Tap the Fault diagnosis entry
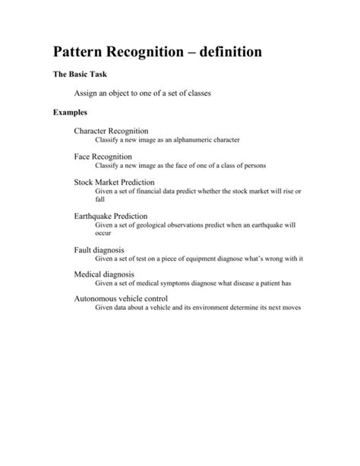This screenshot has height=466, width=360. (99, 249)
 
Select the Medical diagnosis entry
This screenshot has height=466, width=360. (104, 274)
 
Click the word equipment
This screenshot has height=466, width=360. (200, 258)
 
